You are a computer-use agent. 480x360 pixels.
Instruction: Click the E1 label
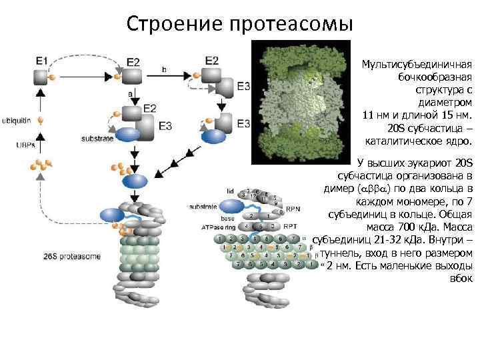pyautogui.click(x=42, y=61)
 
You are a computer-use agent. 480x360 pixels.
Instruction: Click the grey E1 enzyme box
pyautogui.click(x=41, y=77)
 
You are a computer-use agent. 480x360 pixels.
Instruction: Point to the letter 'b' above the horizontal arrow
pyautogui.click(x=164, y=69)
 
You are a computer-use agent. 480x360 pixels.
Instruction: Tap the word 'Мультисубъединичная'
pyautogui.click(x=417, y=65)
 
